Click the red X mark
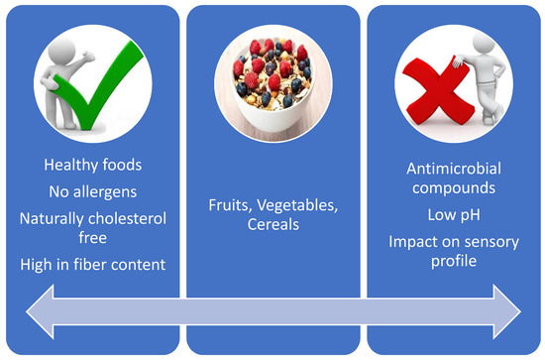(x=439, y=91)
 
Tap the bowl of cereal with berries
(x=273, y=83)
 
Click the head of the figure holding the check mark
(x=61, y=52)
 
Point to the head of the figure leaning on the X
(x=484, y=44)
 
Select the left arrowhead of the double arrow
(x=40, y=311)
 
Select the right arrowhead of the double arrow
(x=506, y=311)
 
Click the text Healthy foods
(x=93, y=165)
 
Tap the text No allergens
(x=93, y=191)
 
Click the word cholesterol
(x=127, y=219)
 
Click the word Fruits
(x=230, y=205)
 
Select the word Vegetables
(x=297, y=205)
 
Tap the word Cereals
(x=273, y=224)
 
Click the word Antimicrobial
(x=454, y=169)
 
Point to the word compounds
(x=454, y=188)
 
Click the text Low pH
(x=454, y=215)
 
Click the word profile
(x=454, y=261)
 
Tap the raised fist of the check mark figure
(x=88, y=57)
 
